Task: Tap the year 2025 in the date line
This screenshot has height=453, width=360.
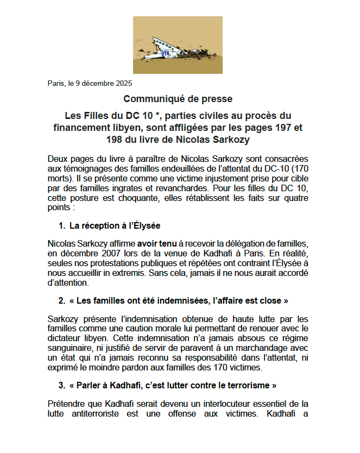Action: coord(124,83)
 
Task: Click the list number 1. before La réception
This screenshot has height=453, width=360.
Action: coord(62,225)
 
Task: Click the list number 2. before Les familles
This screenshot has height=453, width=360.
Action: coord(62,300)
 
